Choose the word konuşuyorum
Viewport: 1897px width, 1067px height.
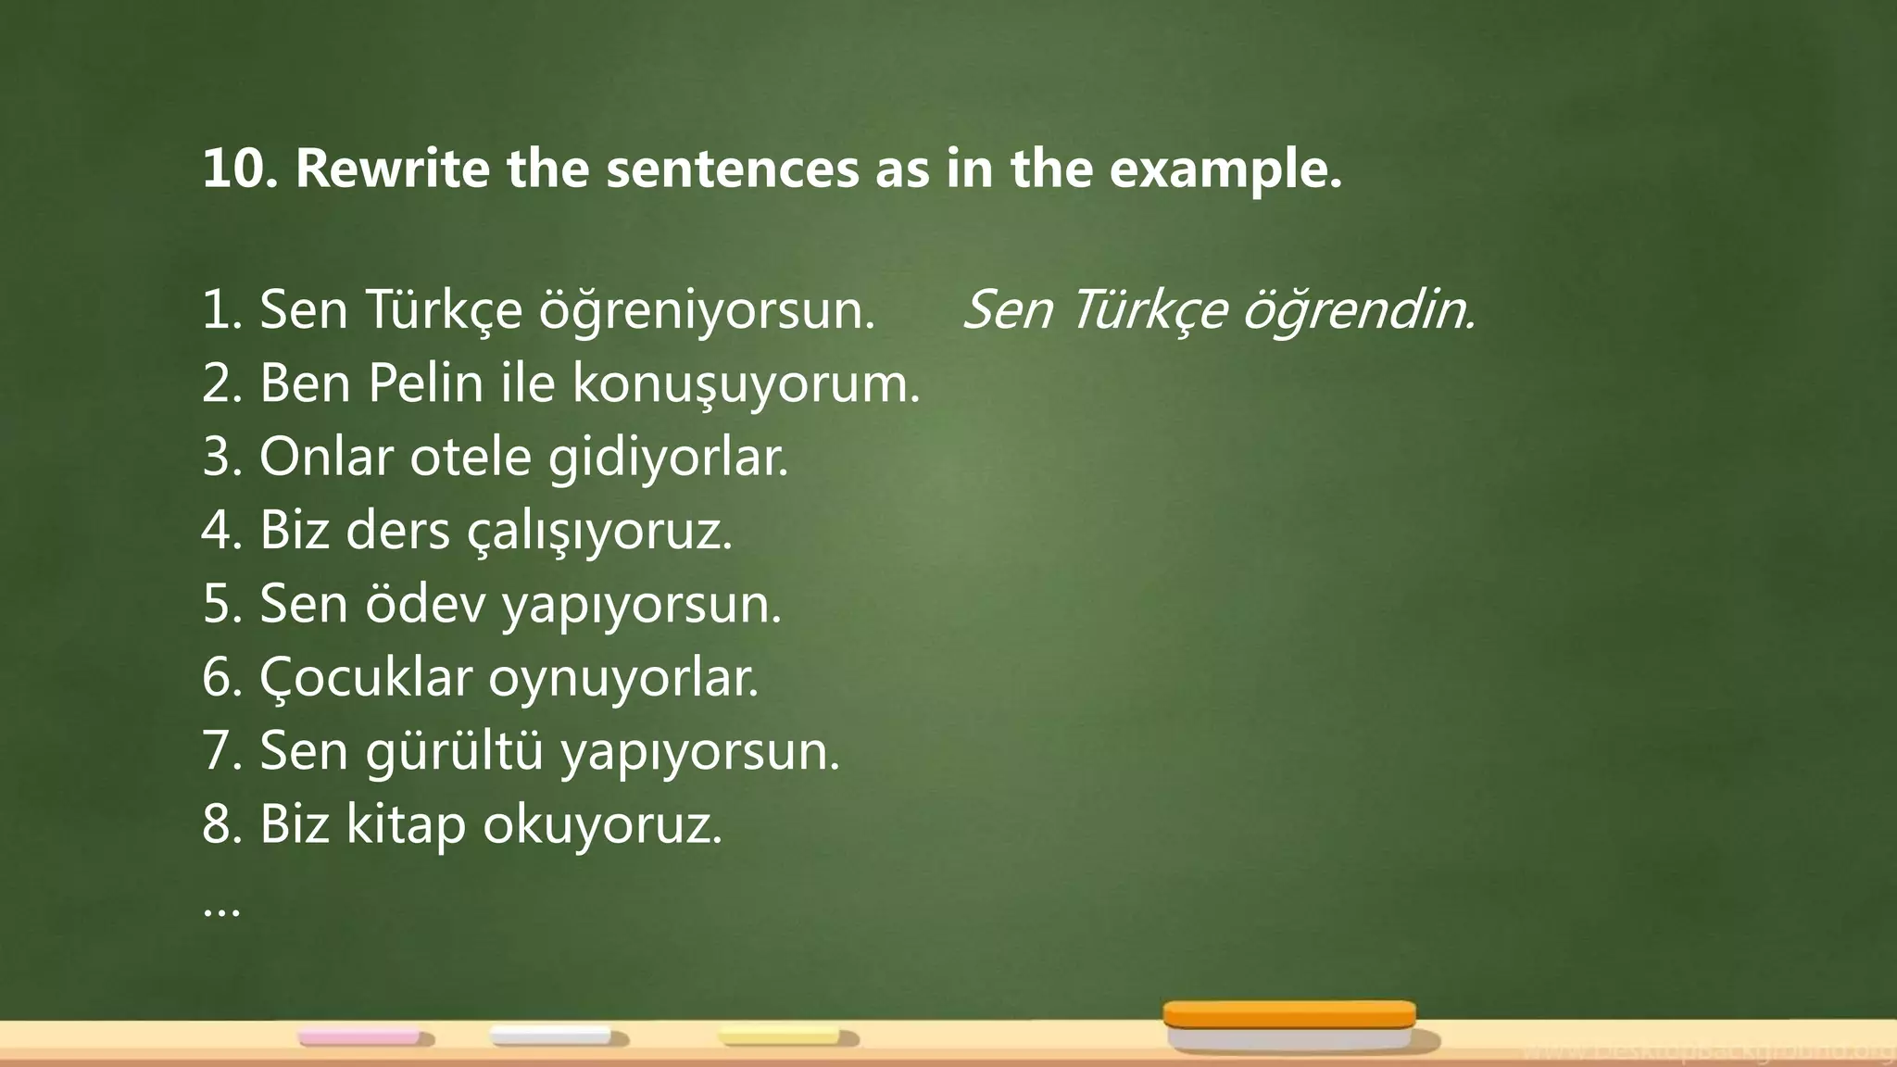(747, 384)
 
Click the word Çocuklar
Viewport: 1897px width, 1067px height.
(366, 678)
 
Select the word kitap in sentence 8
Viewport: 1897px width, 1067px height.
(406, 824)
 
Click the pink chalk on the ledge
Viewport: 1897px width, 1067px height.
(360, 1036)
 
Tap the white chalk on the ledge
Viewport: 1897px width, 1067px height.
(552, 1036)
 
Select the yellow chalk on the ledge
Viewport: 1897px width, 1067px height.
(781, 1036)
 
